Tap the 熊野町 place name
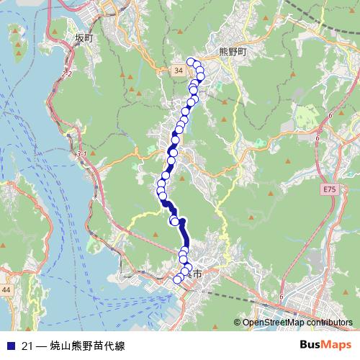click(x=232, y=53)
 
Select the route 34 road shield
click(x=179, y=70)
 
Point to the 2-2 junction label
click(x=68, y=74)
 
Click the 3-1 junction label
click(x=81, y=154)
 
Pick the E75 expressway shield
click(x=329, y=189)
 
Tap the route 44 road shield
click(x=6, y=289)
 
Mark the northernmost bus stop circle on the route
click(x=191, y=62)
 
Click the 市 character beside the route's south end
click(x=197, y=274)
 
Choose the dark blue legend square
click(x=11, y=344)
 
